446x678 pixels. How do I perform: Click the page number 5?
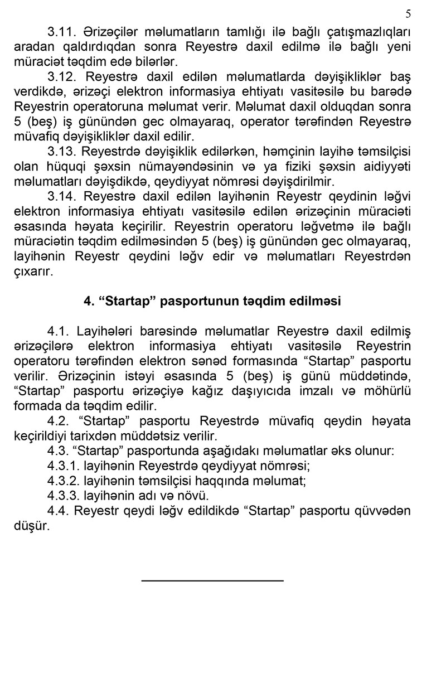coord(408,13)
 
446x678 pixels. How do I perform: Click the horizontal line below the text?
coord(212,581)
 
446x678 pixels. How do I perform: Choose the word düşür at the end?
coord(31,526)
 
